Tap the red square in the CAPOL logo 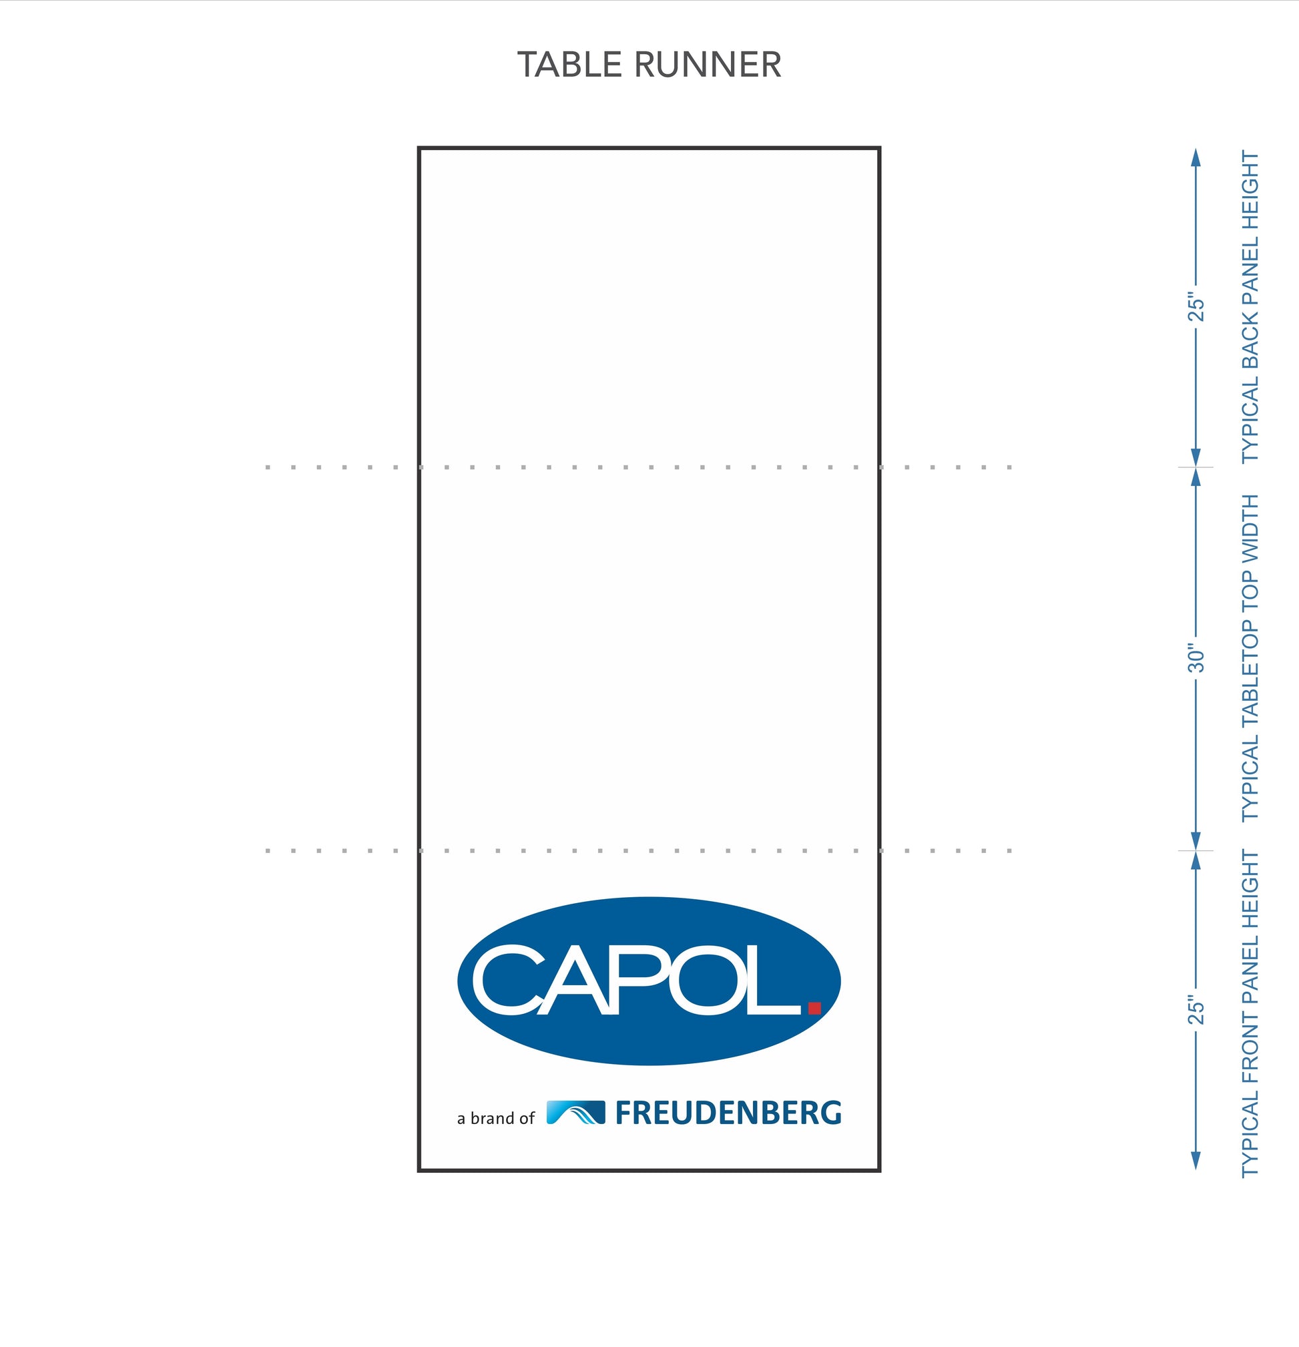coord(815,1008)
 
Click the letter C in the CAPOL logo coord(507,979)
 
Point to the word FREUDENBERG coord(728,1113)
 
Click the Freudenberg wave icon coord(576,1112)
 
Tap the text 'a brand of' coord(495,1118)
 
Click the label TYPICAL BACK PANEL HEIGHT coord(1250,306)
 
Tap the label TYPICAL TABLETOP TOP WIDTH coord(1250,657)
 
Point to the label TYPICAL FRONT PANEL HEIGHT coord(1250,1014)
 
